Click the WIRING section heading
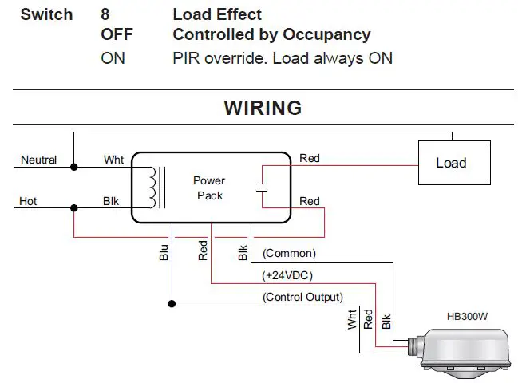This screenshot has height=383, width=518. pyautogui.click(x=263, y=108)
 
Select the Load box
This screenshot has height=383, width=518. pyautogui.click(x=450, y=163)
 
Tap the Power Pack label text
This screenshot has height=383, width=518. pyautogui.click(x=209, y=188)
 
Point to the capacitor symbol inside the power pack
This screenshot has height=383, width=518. pyautogui.click(x=261, y=188)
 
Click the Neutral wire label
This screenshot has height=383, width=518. pyautogui.click(x=38, y=160)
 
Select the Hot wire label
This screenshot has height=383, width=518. pyautogui.click(x=28, y=201)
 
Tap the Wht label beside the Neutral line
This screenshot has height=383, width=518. pyautogui.click(x=113, y=160)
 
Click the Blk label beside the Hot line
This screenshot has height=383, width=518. pyautogui.click(x=111, y=201)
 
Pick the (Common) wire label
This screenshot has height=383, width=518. pyautogui.click(x=289, y=254)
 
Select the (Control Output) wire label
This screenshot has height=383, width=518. pyautogui.click(x=303, y=297)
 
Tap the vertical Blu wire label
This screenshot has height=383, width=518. pyautogui.click(x=163, y=252)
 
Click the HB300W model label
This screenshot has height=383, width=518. pyautogui.click(x=467, y=317)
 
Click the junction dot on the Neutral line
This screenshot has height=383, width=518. pyautogui.click(x=74, y=168)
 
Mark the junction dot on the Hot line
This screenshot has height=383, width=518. pyautogui.click(x=74, y=208)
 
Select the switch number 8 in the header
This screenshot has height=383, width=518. pyautogui.click(x=105, y=14)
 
